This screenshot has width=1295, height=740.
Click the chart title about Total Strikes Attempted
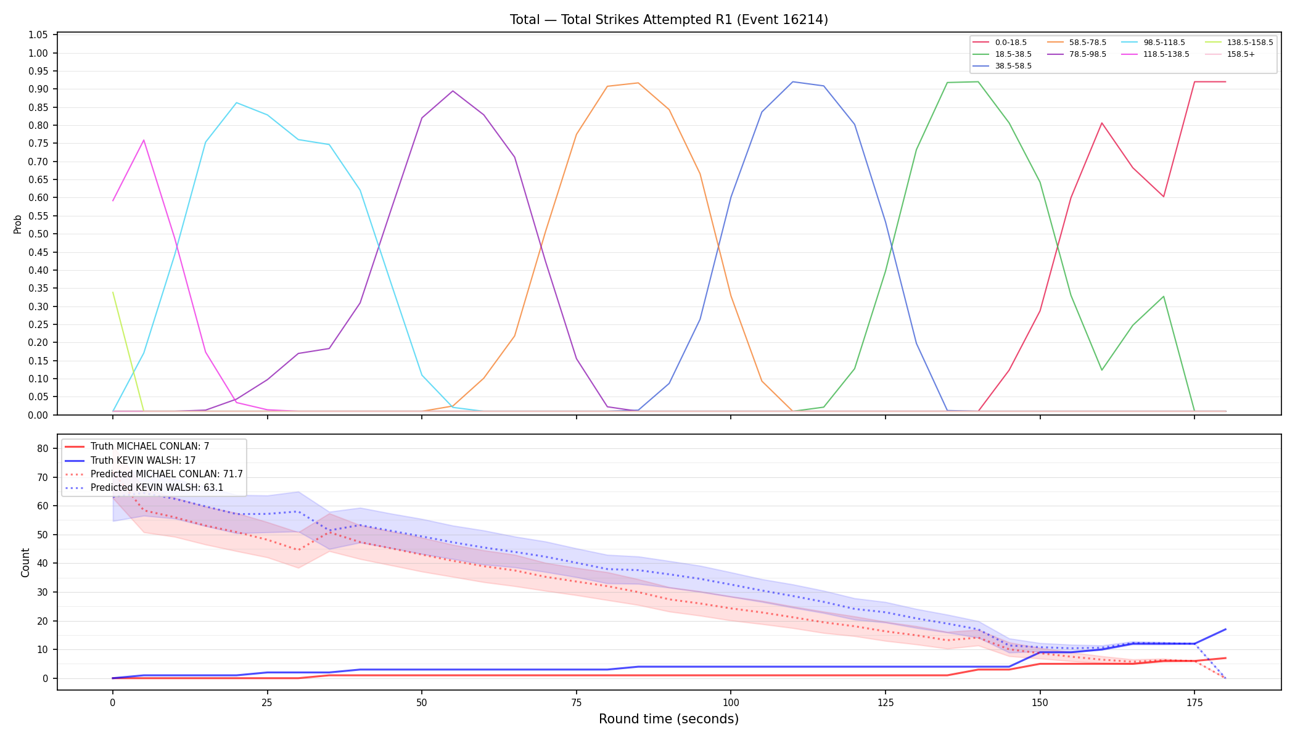pyautogui.click(x=668, y=20)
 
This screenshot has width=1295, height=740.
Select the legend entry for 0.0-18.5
pyautogui.click(x=1000, y=43)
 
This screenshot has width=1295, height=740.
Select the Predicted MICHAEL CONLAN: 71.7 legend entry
pyautogui.click(x=154, y=474)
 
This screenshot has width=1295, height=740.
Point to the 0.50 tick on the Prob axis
pyautogui.click(x=38, y=234)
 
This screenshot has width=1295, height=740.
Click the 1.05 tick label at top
pyautogui.click(x=38, y=35)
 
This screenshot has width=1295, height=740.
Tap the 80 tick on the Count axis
pyautogui.click(x=43, y=448)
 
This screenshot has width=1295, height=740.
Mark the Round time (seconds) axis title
pyautogui.click(x=668, y=719)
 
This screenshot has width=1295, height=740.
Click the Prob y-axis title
pyautogui.click(x=18, y=224)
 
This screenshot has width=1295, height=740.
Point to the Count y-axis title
pyautogui.click(x=25, y=562)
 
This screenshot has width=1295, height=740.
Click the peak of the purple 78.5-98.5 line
pyautogui.click(x=453, y=91)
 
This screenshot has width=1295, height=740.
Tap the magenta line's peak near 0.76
pyautogui.click(x=144, y=140)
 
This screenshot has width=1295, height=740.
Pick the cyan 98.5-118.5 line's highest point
pyautogui.click(x=236, y=102)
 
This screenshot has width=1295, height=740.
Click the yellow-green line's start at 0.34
pyautogui.click(x=113, y=292)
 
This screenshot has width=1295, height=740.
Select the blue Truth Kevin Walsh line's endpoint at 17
pyautogui.click(x=1225, y=630)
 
